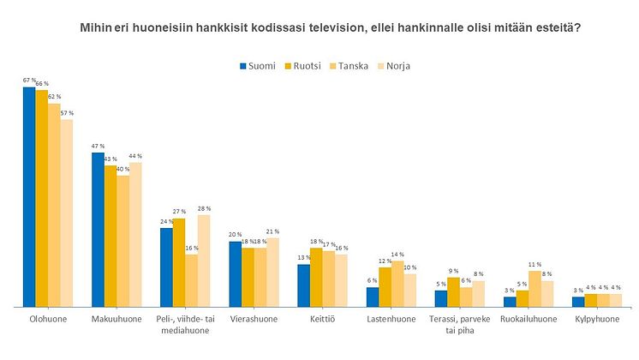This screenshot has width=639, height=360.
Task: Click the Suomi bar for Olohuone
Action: [x=29, y=196]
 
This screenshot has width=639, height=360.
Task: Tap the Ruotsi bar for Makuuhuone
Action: [x=110, y=236]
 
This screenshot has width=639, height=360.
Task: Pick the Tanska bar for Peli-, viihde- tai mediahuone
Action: [x=191, y=280]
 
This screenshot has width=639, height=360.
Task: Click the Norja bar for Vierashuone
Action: [x=272, y=272]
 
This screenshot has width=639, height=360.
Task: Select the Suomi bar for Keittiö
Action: [x=304, y=285]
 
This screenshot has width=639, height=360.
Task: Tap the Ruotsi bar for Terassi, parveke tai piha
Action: [x=453, y=291]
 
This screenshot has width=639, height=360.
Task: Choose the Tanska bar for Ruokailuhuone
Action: [x=534, y=288]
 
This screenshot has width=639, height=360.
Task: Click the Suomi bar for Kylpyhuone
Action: [x=578, y=301]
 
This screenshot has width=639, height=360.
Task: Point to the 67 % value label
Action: [x=29, y=81]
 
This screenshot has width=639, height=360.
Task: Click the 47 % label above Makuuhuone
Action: [x=98, y=147]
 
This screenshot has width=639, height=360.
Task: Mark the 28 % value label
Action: [x=203, y=208]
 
